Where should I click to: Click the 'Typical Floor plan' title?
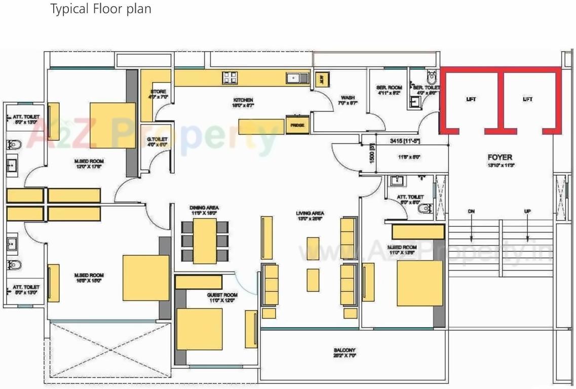click(100, 9)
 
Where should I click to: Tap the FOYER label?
click(500, 158)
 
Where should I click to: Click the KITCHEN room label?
click(243, 100)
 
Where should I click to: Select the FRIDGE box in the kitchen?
click(297, 125)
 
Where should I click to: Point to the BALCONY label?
click(344, 350)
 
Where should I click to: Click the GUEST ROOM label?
click(222, 295)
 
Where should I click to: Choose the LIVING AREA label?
click(310, 213)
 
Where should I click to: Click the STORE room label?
click(158, 92)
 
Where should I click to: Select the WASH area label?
click(348, 97)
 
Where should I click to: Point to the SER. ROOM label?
click(389, 88)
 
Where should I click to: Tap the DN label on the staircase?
click(471, 211)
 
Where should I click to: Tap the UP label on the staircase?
click(527, 211)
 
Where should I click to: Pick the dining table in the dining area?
click(205, 241)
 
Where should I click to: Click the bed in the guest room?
click(199, 329)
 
